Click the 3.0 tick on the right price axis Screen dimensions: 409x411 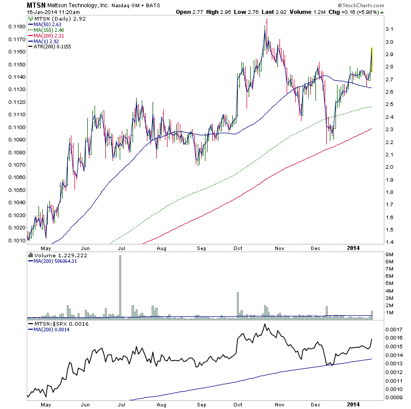[390, 42]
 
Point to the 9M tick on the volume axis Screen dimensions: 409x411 [390, 255]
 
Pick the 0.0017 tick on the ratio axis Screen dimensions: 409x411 [394, 329]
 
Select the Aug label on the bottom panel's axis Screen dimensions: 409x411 [162, 405]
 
